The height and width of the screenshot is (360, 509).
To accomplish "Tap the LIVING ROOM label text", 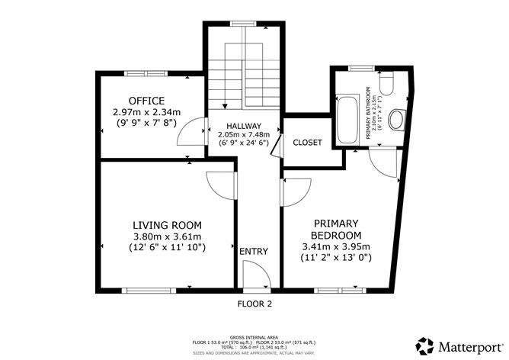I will [167, 225].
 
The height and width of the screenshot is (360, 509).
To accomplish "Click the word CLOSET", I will [308, 143].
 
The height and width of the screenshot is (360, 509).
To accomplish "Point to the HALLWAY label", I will [244, 126].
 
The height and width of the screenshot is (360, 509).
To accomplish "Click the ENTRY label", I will [254, 252].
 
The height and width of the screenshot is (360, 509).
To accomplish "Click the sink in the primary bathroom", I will [396, 120].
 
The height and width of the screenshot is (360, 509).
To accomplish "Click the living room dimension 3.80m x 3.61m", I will [167, 236].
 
